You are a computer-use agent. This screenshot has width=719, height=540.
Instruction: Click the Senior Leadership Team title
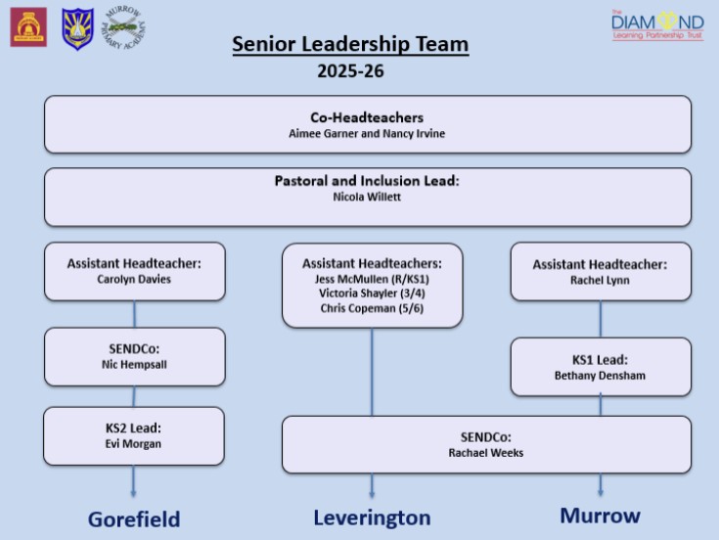coord(350,45)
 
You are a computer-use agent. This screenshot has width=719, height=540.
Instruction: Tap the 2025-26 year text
coord(350,71)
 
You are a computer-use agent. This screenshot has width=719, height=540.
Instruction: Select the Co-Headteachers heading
coord(367,116)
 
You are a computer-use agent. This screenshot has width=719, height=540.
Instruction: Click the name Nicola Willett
coord(367,198)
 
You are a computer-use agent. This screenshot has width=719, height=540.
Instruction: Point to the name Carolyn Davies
coord(134,279)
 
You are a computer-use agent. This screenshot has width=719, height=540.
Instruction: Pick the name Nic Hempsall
coord(134,364)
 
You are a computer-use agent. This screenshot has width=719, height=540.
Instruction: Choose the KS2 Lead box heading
coord(134,427)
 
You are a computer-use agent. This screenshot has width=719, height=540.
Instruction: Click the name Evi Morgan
coord(134,443)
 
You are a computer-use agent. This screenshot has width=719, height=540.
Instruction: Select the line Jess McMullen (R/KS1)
coord(372,279)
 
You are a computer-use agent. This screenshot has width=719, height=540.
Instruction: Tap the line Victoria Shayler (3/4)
coord(372,293)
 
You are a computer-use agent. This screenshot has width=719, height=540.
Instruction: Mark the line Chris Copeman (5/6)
coord(372,308)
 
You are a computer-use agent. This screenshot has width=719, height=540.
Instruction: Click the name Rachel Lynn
coord(600,280)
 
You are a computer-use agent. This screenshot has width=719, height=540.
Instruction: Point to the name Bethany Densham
coord(600,375)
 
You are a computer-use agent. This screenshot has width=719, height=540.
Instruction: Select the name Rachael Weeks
coord(486,453)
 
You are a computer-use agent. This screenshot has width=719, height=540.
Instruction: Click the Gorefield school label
coord(134,518)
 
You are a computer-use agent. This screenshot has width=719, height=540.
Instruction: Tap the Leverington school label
coord(372,517)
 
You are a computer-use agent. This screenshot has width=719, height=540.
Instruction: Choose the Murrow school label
coord(600,515)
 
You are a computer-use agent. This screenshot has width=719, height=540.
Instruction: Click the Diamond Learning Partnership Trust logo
coord(656,25)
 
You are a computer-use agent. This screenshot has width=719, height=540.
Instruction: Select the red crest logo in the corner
coord(28,27)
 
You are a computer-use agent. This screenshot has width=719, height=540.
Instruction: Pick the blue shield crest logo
coord(77,28)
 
